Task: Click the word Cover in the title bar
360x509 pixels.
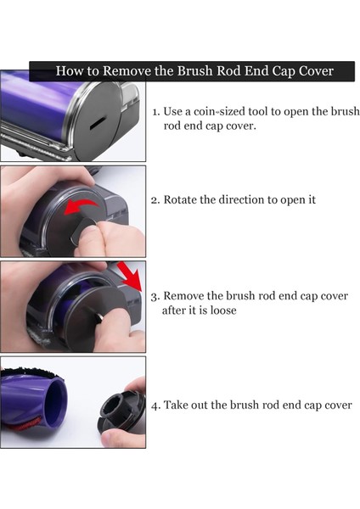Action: pyautogui.click(x=311, y=71)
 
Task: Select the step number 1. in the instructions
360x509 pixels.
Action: pyautogui.click(x=156, y=112)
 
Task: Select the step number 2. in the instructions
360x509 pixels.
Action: pyautogui.click(x=156, y=201)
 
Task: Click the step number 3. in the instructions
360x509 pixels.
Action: pyautogui.click(x=155, y=297)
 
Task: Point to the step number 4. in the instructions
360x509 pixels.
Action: pyautogui.click(x=156, y=406)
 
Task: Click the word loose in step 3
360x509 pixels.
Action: pyautogui.click(x=221, y=310)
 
